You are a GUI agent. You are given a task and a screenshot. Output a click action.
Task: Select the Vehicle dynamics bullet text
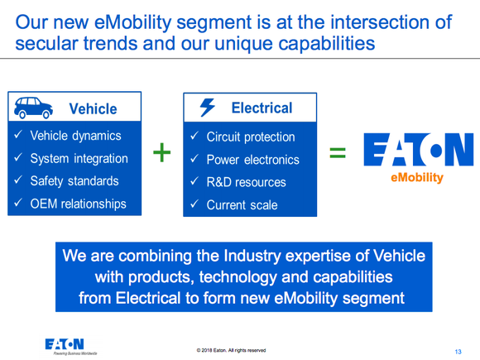pos(75,136)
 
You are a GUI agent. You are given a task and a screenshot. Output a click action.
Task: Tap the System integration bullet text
pos(79,158)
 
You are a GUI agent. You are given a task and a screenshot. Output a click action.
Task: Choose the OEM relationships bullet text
pos(79,204)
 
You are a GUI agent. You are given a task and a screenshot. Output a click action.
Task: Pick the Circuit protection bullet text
pos(250,137)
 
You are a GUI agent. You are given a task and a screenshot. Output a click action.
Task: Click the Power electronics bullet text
pos(252,159)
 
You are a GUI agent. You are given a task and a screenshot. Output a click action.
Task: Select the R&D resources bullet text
pos(246,182)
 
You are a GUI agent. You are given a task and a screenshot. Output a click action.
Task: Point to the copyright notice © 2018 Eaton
pos(231,350)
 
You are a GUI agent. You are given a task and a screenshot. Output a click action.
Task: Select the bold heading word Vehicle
pos(93,109)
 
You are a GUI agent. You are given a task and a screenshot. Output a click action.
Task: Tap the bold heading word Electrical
pos(262,108)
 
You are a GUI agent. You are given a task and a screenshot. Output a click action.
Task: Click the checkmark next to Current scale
pos(192,204)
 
